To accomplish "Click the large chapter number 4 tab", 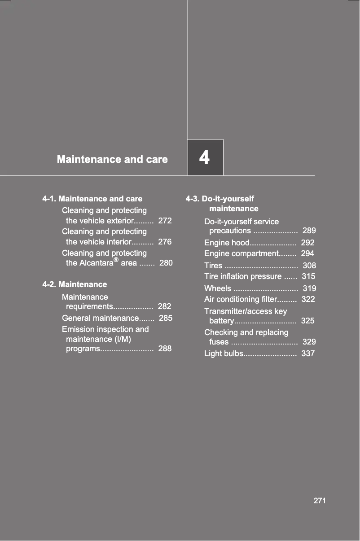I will pos(205,157).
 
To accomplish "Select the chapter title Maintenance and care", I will pos(112,159).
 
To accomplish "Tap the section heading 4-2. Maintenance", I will pos(75,284).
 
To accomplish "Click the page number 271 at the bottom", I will pos(320,501).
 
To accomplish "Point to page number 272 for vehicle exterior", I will pos(165,221).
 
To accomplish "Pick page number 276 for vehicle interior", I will pos(165,242).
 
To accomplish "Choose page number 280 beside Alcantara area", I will pos(166,263).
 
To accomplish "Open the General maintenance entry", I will pos(100,318).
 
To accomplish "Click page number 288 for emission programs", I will pos(165,349).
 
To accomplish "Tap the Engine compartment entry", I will pos(241,253).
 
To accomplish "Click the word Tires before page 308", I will pos(213,266).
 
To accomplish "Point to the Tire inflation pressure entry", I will pos(243,276).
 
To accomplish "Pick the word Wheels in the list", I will pos(218,288).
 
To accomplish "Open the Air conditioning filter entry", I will pos(239,299).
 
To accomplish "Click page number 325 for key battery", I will pos(307,321).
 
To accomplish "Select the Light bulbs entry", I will pos(224,354).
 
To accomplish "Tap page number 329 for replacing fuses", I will pos(309,342).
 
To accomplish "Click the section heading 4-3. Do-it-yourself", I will pos(220,199).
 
